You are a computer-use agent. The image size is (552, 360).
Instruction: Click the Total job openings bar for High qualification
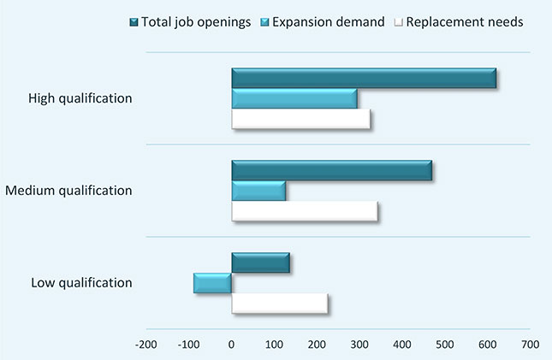[x=364, y=78]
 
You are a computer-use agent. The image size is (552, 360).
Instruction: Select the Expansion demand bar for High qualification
[x=294, y=98]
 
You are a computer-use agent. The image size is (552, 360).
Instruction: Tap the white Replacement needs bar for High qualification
[x=300, y=119]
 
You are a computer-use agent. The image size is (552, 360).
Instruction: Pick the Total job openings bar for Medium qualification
[x=331, y=170]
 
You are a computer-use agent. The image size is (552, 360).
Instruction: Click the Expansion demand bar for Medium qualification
[x=258, y=191]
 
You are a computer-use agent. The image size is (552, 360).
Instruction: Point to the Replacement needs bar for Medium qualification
[x=305, y=211]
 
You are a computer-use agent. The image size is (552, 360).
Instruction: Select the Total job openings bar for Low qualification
[x=260, y=263]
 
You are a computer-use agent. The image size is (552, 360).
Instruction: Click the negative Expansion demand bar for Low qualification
[x=212, y=283]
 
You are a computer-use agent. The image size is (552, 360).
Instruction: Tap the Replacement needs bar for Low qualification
[x=280, y=304]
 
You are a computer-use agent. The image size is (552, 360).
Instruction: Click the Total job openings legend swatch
[x=134, y=22]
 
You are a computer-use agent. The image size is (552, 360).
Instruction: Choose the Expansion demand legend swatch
[x=264, y=22]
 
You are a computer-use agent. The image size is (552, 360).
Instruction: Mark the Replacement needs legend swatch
[x=399, y=22]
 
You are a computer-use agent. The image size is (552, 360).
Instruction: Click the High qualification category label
[x=80, y=98]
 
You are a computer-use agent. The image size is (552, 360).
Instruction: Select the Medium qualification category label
[x=68, y=191]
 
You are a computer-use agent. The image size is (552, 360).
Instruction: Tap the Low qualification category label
[x=81, y=282]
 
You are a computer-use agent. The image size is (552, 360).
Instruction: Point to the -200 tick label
[x=146, y=344]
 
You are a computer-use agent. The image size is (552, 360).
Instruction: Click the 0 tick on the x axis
[x=231, y=344]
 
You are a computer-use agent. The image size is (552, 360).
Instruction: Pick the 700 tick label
[x=531, y=344]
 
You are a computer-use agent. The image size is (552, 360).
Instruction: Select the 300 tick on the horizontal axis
[x=359, y=344]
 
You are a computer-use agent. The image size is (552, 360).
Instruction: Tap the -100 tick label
[x=188, y=344]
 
